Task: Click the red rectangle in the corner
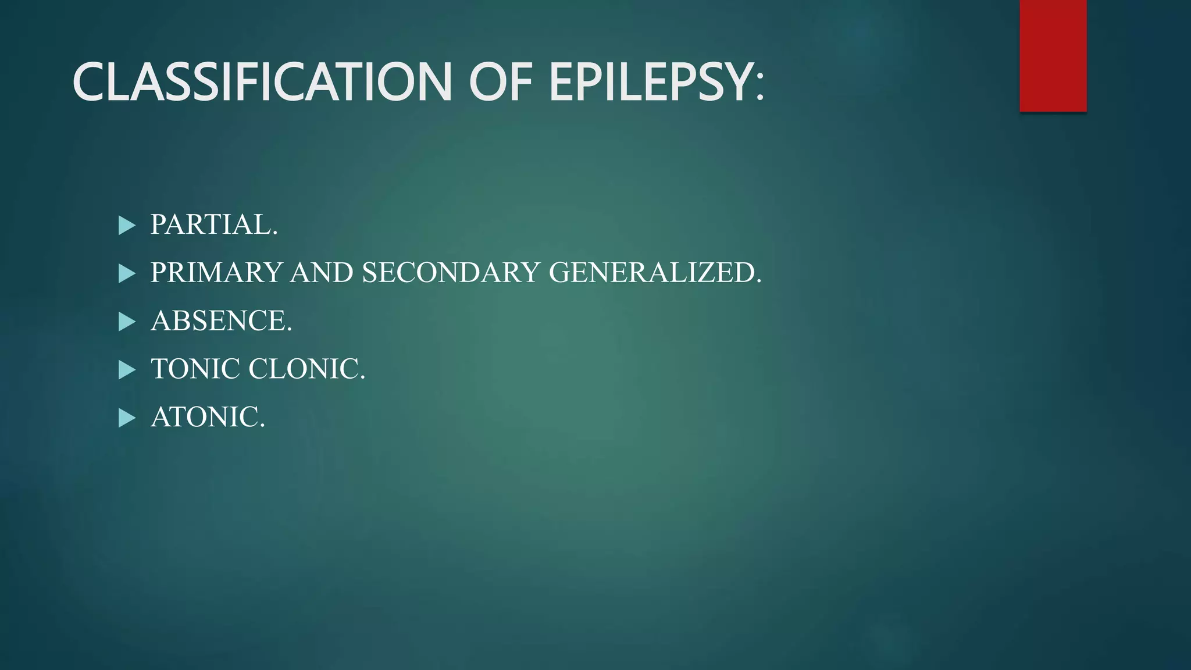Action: (x=1053, y=55)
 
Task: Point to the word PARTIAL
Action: (x=211, y=224)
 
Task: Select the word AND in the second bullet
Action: (x=322, y=273)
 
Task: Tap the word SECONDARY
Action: (x=451, y=273)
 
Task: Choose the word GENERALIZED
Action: (x=651, y=273)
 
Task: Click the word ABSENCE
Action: (x=218, y=321)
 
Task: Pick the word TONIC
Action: (x=195, y=369)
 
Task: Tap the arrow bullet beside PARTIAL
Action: (x=126, y=225)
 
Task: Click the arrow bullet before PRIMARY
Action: (x=126, y=273)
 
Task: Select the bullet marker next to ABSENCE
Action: (x=126, y=322)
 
